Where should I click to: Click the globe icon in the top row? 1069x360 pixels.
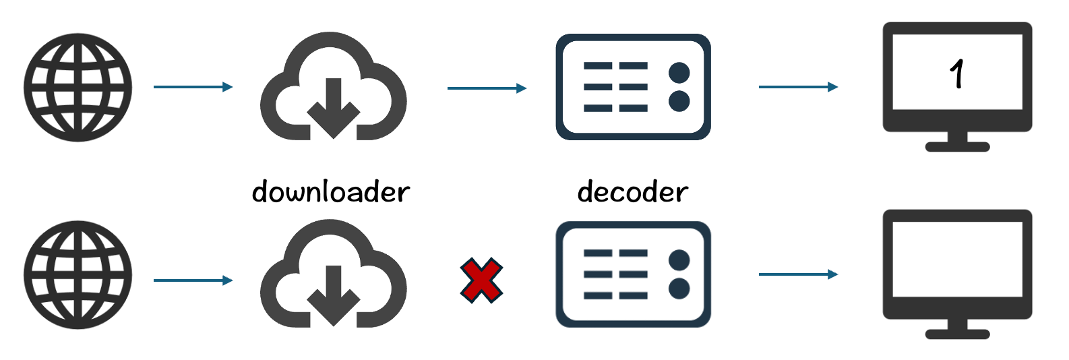point(78,88)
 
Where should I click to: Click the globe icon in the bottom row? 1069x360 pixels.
point(78,275)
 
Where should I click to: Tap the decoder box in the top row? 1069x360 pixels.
point(633,87)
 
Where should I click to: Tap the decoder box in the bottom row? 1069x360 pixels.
point(633,274)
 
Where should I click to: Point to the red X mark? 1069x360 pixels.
point(481,280)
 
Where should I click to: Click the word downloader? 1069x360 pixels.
point(331,192)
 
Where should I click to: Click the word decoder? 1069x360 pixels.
point(633,192)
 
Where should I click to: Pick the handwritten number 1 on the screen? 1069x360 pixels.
point(957,73)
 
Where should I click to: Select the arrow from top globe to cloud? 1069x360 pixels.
point(193,87)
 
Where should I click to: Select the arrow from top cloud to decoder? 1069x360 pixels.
point(487,88)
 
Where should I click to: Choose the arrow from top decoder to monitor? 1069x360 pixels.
point(798,87)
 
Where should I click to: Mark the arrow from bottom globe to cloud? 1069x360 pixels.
point(193,280)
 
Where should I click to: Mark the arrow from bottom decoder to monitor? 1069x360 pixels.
point(798,274)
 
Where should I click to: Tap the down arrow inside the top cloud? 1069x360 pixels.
point(333,108)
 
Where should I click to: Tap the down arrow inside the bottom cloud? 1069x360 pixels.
point(333,295)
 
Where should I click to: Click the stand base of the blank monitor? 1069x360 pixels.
point(957,334)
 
